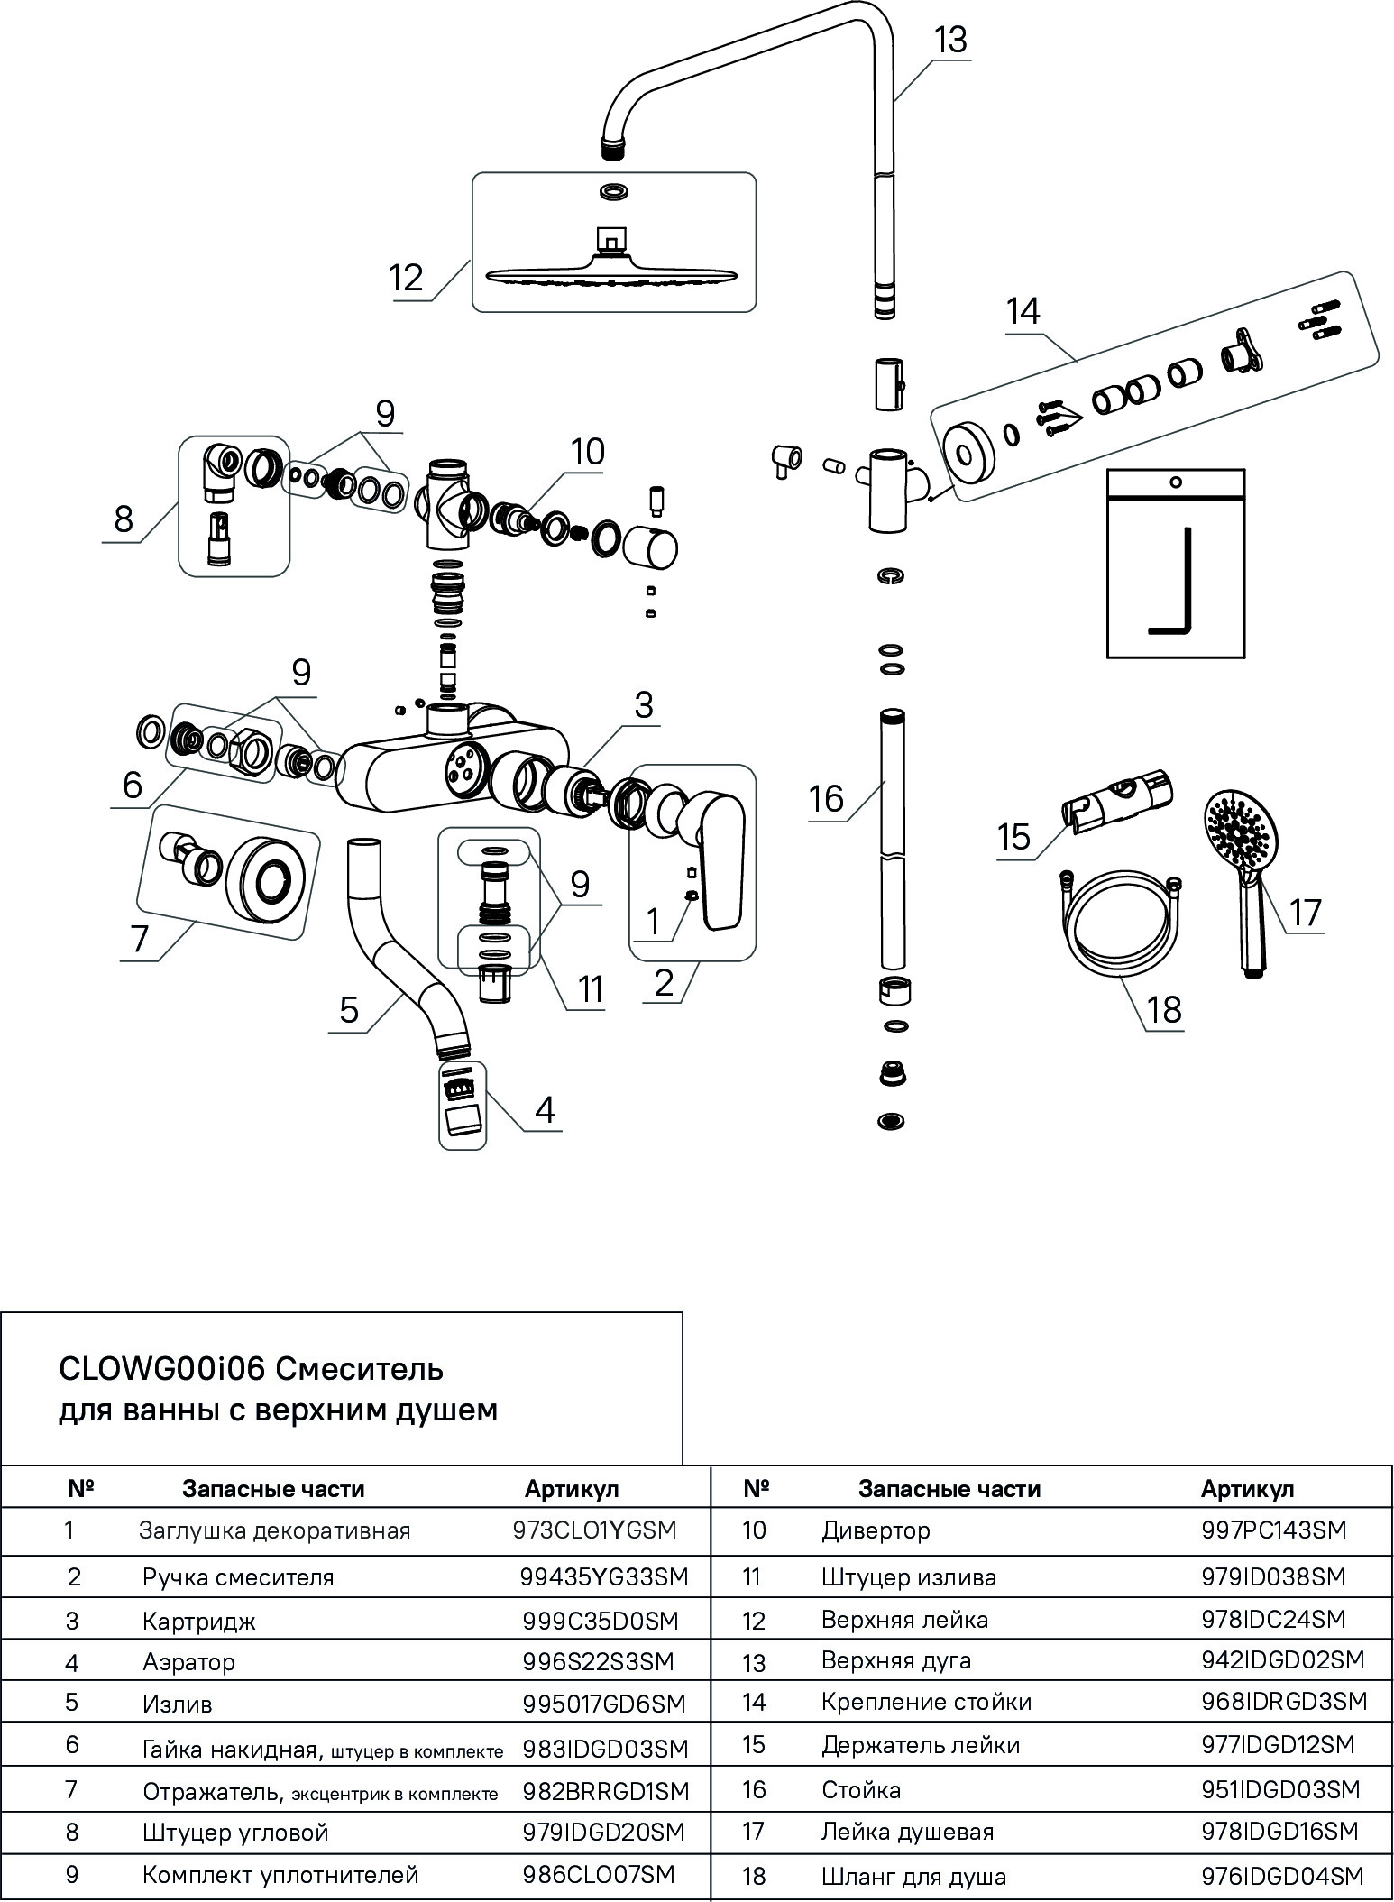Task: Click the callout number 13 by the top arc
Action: tap(949, 41)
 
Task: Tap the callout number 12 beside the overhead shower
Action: tap(407, 277)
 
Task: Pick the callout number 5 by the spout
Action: tap(349, 1009)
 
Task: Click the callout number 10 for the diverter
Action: tap(587, 452)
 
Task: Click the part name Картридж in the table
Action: tap(198, 1622)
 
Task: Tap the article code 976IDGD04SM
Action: tap(1282, 1877)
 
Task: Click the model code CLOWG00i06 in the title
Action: tap(160, 1369)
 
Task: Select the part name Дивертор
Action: tap(876, 1530)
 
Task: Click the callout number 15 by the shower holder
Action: tap(1014, 837)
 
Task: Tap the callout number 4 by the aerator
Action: tap(544, 1110)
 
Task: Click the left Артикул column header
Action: tap(572, 1489)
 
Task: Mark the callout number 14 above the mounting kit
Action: tap(1023, 312)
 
